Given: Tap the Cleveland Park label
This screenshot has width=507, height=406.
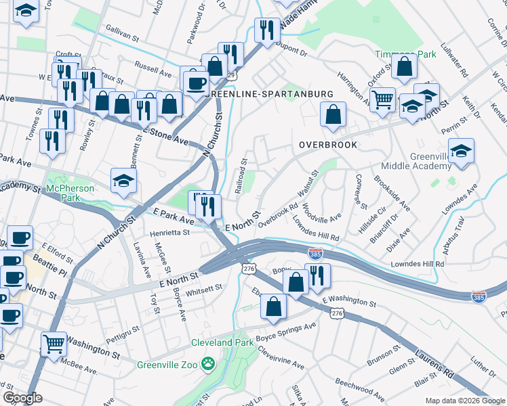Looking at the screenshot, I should point(222,342).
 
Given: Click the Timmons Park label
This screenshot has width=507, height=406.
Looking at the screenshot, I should point(406,53).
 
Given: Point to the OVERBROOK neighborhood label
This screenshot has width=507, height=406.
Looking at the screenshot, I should point(328,145).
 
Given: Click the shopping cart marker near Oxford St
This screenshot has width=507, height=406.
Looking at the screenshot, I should point(383,99).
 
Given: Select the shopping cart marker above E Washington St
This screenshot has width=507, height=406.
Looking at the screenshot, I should point(54,343).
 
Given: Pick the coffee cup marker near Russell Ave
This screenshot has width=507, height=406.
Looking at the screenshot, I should point(197,83).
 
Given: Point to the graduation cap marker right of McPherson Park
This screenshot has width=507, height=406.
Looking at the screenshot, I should point(124,179).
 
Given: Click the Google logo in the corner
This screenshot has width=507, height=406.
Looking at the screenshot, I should point(23,397).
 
